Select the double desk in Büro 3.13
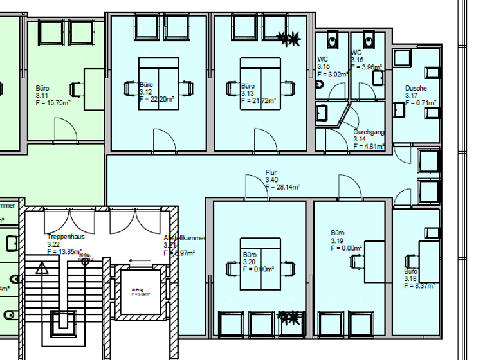point(259,83)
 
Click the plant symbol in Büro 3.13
point(289,39)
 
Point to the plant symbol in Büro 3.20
point(289,317)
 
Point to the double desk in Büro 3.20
point(260,264)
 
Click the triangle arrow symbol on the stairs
point(42,268)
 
